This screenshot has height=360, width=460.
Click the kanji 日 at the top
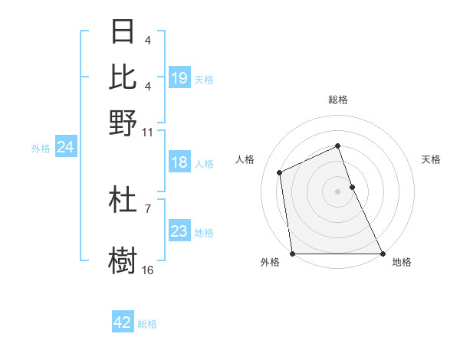123,32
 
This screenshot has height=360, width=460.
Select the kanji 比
123,77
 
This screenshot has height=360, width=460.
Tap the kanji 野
123,123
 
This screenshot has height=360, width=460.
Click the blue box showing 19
179,78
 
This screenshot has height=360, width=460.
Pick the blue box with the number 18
179,162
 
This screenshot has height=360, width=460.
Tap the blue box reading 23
179,231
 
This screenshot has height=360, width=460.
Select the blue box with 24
65,147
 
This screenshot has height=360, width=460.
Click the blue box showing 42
123,322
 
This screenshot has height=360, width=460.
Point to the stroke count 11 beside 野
148,132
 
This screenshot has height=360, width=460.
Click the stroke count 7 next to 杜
148,208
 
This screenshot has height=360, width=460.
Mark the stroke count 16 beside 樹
148,270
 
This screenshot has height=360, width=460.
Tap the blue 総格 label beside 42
147,324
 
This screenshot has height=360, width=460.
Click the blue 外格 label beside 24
40,149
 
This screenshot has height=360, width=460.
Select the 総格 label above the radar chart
337,100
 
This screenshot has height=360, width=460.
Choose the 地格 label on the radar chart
401,263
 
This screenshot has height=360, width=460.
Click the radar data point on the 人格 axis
280,172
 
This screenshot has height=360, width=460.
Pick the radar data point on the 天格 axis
352,187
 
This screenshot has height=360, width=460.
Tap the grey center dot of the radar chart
337,191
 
